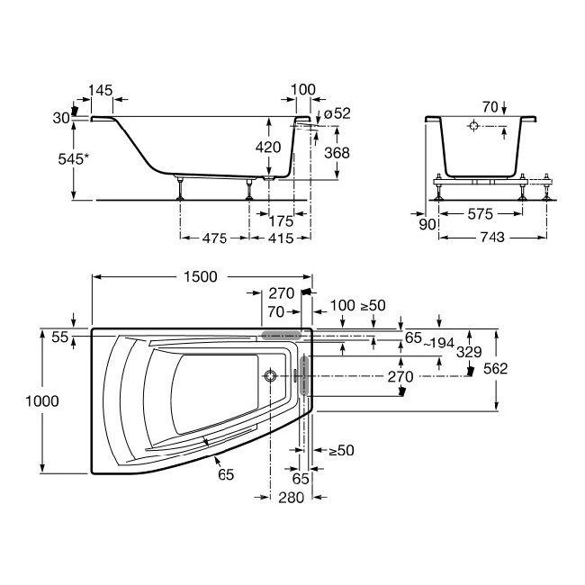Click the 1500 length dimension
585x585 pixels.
tap(201, 277)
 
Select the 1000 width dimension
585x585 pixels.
tap(41, 401)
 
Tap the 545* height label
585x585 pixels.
tap(74, 159)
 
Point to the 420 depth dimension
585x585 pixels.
tap(268, 148)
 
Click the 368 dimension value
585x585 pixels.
tap(337, 153)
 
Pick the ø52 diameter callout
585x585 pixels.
tap(337, 113)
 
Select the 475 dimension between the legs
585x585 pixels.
tap(214, 238)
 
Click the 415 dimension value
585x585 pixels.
tap(281, 238)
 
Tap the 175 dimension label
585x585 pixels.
tap(281, 221)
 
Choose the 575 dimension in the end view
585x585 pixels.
tap(481, 214)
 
